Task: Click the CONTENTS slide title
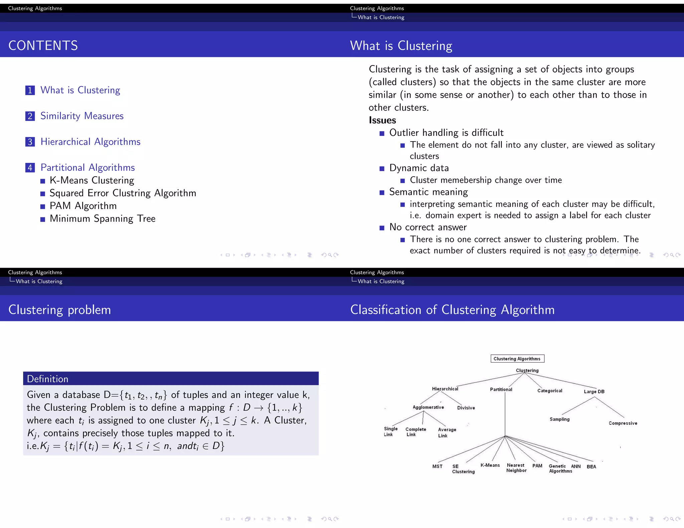[x=43, y=45]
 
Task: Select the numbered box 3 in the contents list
[x=30, y=142]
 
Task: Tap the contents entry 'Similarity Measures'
[x=82, y=116]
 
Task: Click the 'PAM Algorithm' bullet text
[x=83, y=206]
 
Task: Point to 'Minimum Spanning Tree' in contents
[x=103, y=219]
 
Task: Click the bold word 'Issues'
[x=382, y=120]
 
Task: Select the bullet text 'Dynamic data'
[x=419, y=168]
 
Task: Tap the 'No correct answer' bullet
[x=428, y=227]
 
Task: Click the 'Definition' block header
[x=47, y=379]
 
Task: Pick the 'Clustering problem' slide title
[x=59, y=310]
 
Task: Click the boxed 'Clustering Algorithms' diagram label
[x=517, y=359]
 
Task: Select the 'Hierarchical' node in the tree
[x=445, y=389]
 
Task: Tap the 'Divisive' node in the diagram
[x=466, y=408]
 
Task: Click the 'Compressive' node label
[x=623, y=423]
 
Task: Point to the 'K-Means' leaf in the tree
[x=490, y=465]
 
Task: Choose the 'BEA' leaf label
[x=591, y=467]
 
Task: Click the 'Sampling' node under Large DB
[x=559, y=419]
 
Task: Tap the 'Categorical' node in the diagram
[x=550, y=391]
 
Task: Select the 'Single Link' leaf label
[x=390, y=432]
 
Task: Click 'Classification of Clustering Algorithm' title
[x=452, y=310]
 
